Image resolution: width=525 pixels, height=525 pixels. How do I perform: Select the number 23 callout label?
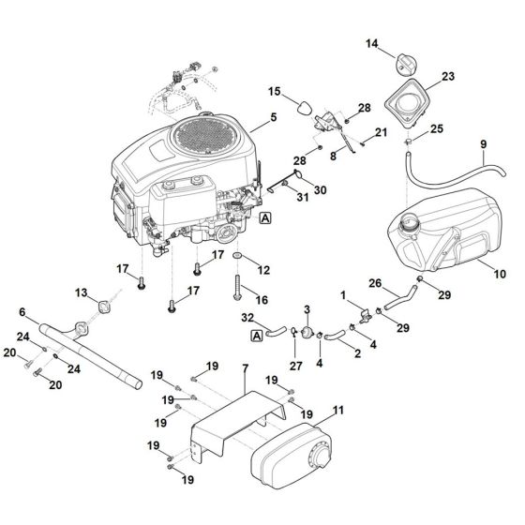point(448,76)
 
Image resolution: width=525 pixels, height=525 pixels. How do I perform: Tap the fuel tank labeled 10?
point(445,231)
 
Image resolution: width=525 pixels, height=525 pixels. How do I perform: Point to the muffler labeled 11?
point(292,456)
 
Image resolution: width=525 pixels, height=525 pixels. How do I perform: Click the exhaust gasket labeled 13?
point(103,307)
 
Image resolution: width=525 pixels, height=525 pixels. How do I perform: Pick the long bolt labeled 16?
point(237,288)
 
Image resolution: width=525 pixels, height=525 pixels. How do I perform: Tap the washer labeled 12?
point(237,256)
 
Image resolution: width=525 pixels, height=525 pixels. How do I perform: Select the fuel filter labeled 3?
point(307,333)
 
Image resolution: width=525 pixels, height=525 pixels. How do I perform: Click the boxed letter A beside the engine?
point(265,218)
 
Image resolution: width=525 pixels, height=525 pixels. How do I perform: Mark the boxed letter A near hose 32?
point(257,336)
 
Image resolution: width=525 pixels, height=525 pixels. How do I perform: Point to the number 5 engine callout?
point(274,117)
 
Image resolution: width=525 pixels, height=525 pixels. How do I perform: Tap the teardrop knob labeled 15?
point(304,108)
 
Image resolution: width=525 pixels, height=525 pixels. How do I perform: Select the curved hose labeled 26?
point(401,296)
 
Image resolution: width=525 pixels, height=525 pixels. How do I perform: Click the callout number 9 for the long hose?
point(483,144)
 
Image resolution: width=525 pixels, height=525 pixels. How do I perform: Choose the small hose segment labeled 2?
point(334,336)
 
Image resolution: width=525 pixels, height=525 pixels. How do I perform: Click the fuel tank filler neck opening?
point(408,221)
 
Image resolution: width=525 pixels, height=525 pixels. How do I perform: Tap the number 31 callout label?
point(303,197)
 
